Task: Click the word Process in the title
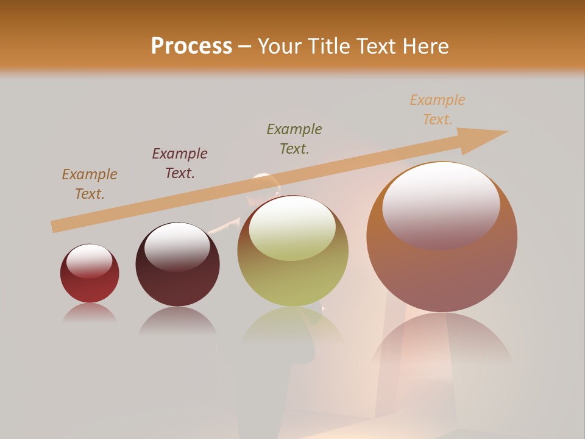tap(191, 46)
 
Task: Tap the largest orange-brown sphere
tap(442, 268)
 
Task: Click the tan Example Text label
tap(90, 184)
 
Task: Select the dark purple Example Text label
tap(180, 163)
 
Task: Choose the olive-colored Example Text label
tap(294, 139)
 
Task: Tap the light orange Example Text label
tap(438, 110)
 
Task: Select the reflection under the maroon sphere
tap(177, 319)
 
